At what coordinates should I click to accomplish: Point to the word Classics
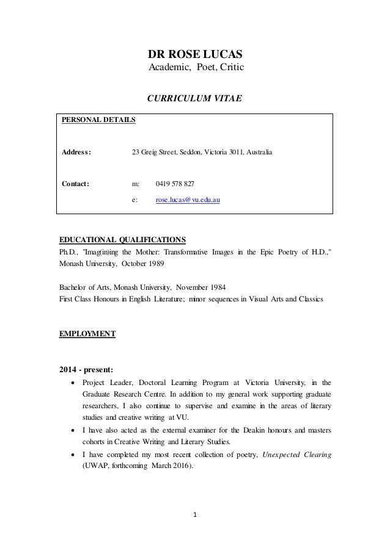click(x=312, y=298)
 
